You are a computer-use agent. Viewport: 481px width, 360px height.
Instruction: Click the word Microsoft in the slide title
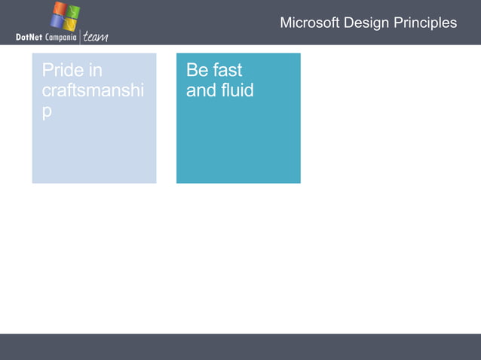click(310, 23)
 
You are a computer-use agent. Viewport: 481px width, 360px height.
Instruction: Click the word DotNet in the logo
click(29, 38)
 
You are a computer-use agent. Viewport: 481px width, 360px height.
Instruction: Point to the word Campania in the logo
click(60, 38)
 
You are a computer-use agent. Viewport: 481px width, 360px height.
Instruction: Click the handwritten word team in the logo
click(95, 37)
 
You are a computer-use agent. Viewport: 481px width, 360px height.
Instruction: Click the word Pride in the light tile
click(60, 71)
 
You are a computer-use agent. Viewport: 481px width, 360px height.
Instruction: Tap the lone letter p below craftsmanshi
click(47, 111)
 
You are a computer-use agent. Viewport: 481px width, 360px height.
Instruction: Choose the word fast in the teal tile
click(227, 71)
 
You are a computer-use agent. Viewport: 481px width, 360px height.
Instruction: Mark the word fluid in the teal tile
click(236, 90)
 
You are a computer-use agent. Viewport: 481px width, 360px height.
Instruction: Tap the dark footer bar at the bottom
click(240, 346)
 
